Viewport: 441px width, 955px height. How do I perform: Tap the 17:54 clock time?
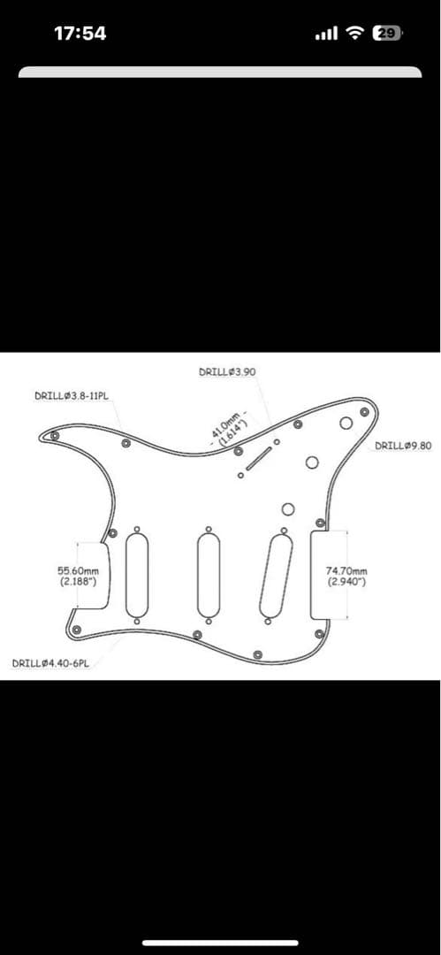coord(80,34)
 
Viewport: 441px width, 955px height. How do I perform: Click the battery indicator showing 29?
coord(387,34)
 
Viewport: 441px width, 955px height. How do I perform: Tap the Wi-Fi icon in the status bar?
coord(354,34)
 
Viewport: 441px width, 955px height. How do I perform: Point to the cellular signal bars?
coord(326,34)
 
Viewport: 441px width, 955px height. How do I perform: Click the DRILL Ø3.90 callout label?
coord(227,371)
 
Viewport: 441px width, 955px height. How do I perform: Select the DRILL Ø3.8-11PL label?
coord(75,396)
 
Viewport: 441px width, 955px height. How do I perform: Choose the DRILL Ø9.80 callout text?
coord(403,446)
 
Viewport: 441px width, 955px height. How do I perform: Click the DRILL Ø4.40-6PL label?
coord(50,662)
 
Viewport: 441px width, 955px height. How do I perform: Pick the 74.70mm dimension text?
coord(346,570)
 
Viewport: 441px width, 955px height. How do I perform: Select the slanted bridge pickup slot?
coord(276,576)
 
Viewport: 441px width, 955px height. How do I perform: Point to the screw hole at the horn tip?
coord(55,436)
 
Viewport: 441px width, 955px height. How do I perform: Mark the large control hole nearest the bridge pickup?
coord(288,508)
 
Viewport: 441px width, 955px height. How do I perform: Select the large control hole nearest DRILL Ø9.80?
coord(346,424)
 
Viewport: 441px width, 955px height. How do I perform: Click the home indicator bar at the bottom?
coord(221,943)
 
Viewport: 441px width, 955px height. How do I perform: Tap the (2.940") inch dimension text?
coord(346,582)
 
